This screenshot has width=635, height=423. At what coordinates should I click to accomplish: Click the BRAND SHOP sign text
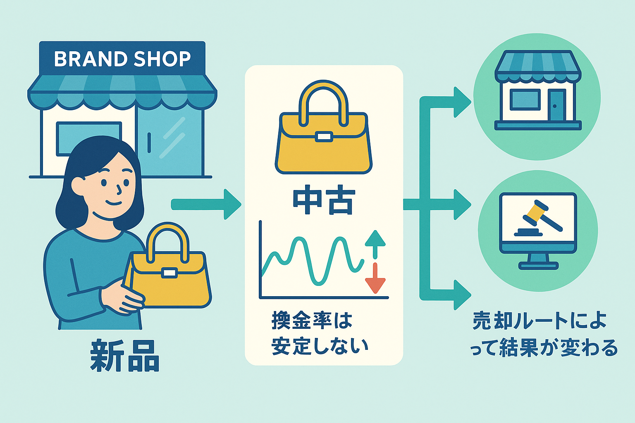tap(122, 59)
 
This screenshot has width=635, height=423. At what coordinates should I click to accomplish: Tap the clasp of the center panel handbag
tap(324, 137)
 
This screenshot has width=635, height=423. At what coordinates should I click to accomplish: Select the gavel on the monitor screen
tap(537, 217)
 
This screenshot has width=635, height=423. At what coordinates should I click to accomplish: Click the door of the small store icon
tap(556, 105)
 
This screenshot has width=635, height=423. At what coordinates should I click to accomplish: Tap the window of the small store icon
tap(525, 100)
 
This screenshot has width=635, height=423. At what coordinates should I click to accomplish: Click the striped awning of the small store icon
tap(537, 64)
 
